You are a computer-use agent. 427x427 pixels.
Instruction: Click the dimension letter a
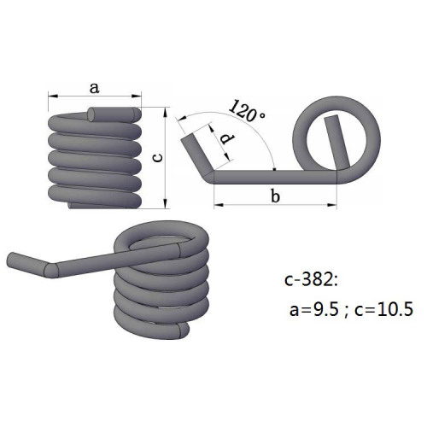click(94, 86)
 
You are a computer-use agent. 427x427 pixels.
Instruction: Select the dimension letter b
click(274, 196)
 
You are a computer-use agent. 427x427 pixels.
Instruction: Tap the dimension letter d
click(225, 138)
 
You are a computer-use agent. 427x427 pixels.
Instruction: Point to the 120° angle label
click(248, 112)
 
